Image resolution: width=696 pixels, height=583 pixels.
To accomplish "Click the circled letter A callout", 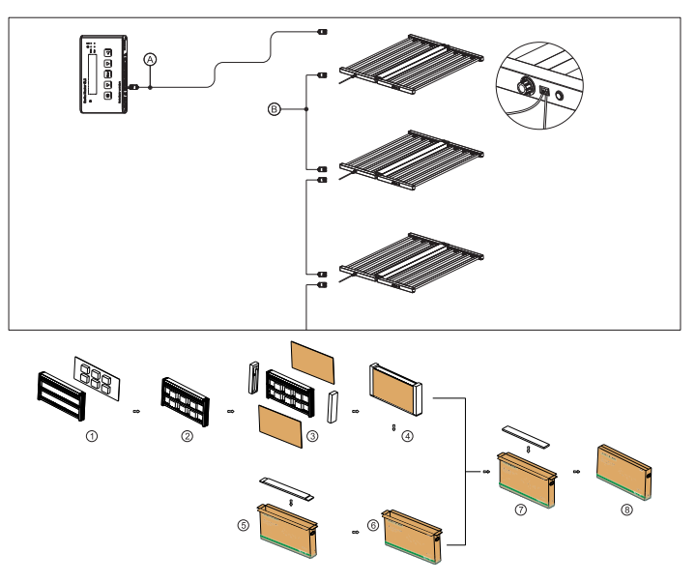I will [150, 59].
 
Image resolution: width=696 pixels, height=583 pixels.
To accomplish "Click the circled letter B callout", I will [275, 110].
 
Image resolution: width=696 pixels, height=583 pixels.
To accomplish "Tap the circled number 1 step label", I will [92, 436].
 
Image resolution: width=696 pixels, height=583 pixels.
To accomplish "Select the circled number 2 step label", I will [188, 436].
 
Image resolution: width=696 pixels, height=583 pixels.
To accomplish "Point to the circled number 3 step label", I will [311, 435].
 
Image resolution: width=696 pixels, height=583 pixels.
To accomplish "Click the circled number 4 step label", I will [407, 436].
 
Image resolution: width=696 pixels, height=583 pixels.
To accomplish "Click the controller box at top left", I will [102, 74].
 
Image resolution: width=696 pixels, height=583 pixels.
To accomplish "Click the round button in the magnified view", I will [561, 99].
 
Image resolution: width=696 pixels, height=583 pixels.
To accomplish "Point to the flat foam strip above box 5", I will [288, 486].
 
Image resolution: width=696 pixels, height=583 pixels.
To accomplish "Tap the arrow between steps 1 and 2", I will [136, 411].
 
